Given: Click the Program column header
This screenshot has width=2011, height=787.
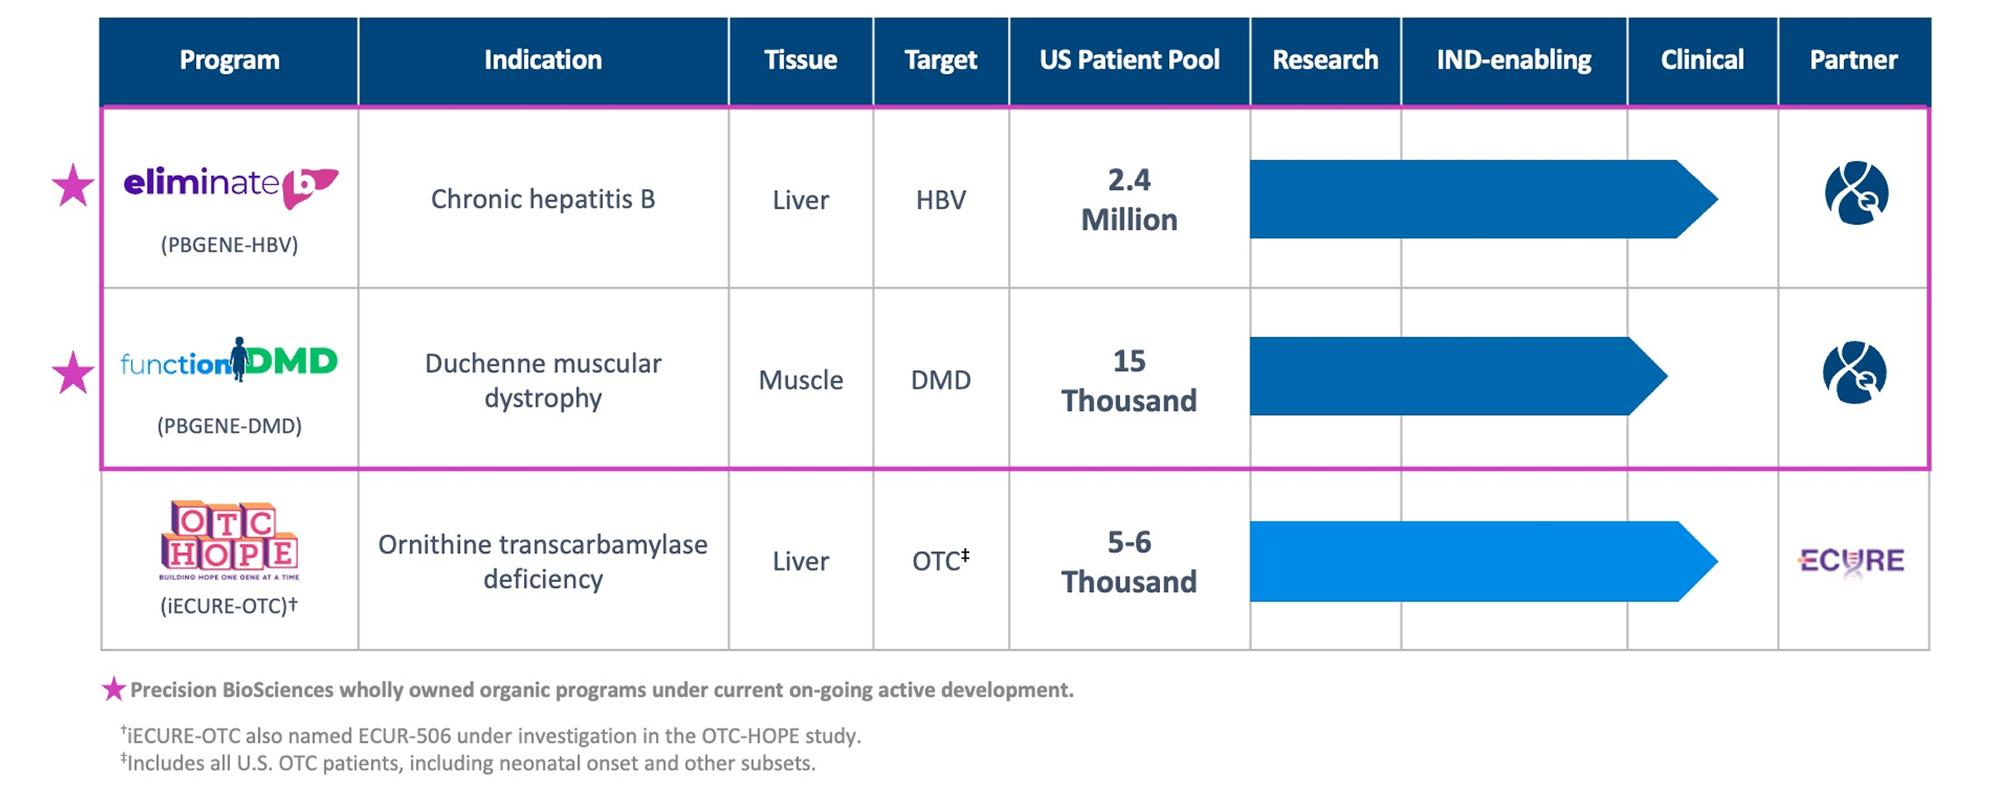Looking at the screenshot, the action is point(229,61).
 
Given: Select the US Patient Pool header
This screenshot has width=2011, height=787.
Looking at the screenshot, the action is point(1129,61).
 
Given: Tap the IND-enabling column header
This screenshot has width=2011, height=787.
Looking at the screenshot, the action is point(1514,61).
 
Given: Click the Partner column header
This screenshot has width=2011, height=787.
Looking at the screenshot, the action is point(1854,61).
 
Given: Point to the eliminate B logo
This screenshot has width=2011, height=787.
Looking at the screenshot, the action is point(231,186).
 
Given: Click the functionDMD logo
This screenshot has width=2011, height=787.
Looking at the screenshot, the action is point(229,360).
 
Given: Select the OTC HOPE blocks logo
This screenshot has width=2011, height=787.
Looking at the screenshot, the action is point(229,540).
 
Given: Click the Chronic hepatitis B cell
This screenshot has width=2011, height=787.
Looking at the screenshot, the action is point(543,199).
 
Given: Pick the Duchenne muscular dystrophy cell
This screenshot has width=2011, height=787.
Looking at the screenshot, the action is point(543,380).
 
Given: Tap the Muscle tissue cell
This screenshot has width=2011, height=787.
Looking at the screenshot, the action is point(800,380).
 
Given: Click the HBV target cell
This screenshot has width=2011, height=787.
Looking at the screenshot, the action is point(941,200).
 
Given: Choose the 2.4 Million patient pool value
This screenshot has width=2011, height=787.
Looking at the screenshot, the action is point(1129,200).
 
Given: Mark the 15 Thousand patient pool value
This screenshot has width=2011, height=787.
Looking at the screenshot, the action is point(1129,381).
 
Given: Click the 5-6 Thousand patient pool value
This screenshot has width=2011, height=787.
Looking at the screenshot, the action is point(1129,562).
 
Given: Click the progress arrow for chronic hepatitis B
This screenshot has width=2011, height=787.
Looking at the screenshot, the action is point(1484,199).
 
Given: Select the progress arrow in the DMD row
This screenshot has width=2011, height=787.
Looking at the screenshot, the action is point(1458,376).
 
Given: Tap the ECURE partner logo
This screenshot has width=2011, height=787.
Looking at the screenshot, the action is point(1852,562).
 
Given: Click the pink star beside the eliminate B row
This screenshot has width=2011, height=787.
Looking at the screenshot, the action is point(73,185).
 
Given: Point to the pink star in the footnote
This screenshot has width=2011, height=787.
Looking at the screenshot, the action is point(114,689).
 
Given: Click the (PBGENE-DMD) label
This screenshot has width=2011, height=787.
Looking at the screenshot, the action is point(229,426).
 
